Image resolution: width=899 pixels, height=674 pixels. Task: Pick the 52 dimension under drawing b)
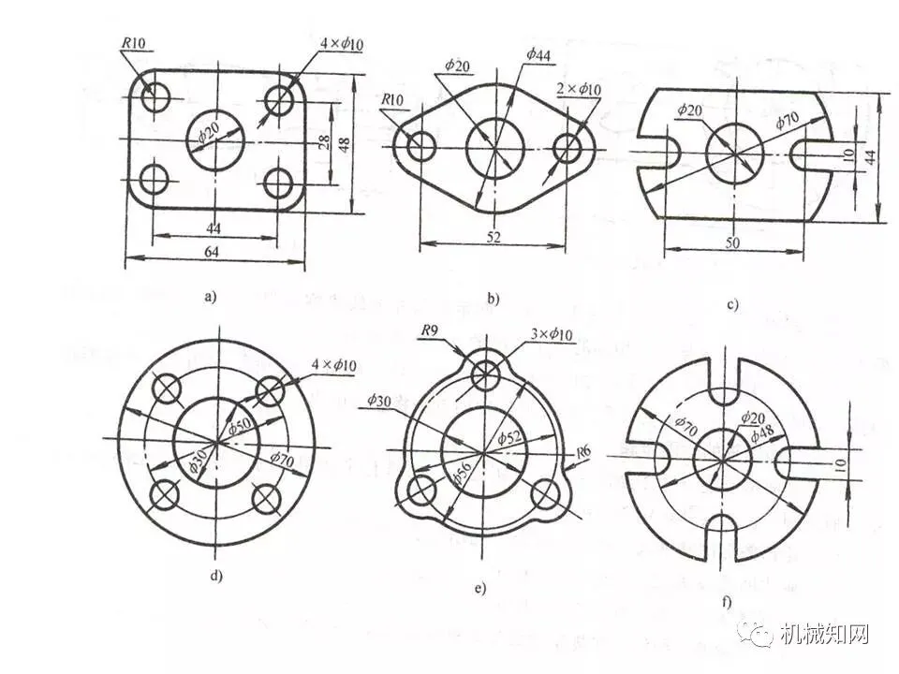[x=494, y=237]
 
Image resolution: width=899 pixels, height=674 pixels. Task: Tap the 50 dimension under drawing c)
[x=734, y=243]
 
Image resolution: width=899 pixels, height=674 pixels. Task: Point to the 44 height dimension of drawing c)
[x=871, y=158]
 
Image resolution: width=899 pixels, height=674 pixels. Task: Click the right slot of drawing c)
[x=807, y=152]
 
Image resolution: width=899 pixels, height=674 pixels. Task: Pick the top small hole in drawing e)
[x=486, y=376]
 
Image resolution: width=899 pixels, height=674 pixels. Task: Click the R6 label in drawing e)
[x=583, y=453]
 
